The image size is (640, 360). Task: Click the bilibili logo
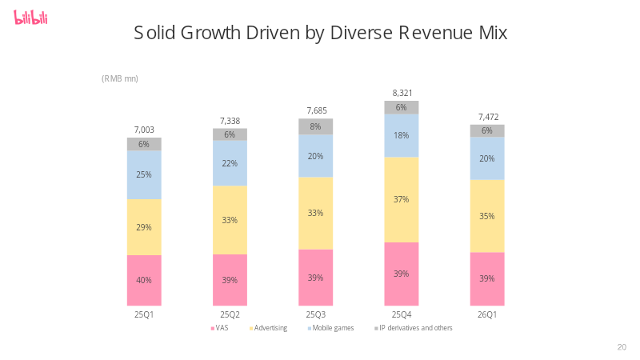[30, 18]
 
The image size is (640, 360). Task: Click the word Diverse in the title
[362, 33]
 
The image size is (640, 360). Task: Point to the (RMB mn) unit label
[119, 78]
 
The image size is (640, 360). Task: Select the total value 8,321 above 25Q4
[402, 93]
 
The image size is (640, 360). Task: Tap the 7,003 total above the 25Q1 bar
[144, 130]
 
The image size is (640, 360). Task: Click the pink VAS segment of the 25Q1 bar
[144, 281]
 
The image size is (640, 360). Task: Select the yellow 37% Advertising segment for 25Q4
[402, 199]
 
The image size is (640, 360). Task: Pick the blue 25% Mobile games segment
[144, 174]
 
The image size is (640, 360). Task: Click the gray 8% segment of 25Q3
[315, 126]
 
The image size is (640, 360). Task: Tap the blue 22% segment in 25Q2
[230, 163]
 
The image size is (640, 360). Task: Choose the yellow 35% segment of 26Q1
[487, 216]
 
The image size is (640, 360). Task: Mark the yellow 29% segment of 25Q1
[144, 227]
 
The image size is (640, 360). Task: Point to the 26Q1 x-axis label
[487, 314]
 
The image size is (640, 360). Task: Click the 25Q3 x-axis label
[316, 314]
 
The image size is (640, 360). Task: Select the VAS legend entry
[219, 328]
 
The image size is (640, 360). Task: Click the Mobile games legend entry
[331, 328]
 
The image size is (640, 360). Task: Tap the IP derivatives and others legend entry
[414, 328]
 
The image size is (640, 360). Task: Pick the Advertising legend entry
[268, 328]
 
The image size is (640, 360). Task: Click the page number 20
[622, 347]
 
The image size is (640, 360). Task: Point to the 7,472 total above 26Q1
[489, 117]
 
